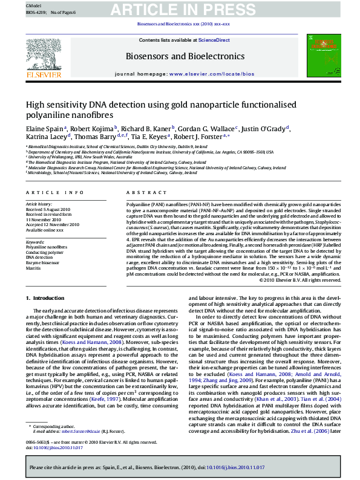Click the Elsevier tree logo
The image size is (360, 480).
pyautogui.click(x=43, y=56)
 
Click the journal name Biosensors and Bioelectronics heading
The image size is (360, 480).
pyautogui.click(x=180, y=57)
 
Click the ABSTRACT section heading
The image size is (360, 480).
pyautogui.click(x=137, y=193)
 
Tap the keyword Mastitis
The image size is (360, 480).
pyautogui.click(x=33, y=267)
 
